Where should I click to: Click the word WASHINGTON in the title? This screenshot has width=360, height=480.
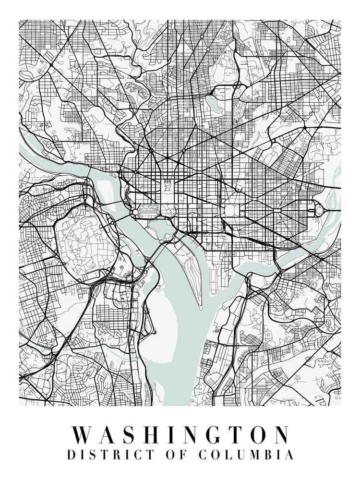(180, 435)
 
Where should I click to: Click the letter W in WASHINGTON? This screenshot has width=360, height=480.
(83, 435)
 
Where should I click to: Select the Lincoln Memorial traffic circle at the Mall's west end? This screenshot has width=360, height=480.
(134, 211)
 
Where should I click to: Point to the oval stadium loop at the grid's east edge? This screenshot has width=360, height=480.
(319, 210)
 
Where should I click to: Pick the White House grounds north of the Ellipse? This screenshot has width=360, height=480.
(168, 185)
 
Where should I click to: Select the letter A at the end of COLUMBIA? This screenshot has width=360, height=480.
(288, 455)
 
